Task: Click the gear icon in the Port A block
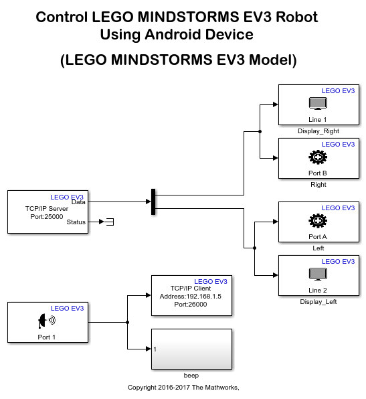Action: (318, 221)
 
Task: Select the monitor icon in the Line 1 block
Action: (318, 103)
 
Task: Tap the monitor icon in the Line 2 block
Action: (318, 274)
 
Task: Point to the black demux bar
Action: (154, 202)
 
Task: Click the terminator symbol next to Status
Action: (109, 222)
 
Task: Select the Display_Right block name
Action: (318, 131)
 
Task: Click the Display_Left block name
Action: (318, 302)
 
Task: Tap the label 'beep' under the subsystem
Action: (191, 376)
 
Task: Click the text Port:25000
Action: (48, 216)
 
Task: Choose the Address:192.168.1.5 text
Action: (191, 296)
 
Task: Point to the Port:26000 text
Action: (191, 304)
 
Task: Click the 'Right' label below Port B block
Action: (318, 184)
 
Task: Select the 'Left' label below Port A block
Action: (318, 248)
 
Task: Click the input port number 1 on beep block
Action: (155, 349)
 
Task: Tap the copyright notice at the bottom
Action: (183, 388)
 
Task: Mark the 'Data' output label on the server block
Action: (78, 201)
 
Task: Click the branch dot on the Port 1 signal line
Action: (127, 322)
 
